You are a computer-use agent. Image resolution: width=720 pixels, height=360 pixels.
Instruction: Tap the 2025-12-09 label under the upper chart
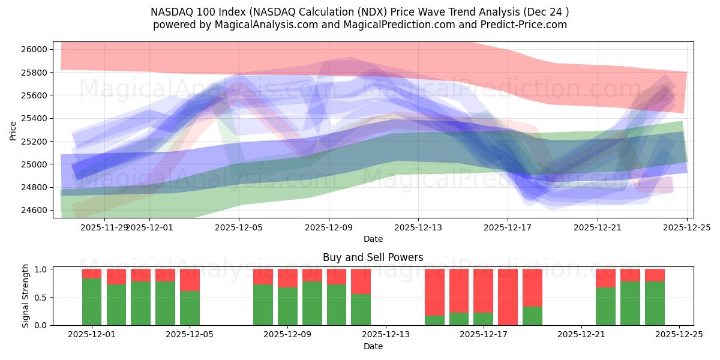[x=329, y=227]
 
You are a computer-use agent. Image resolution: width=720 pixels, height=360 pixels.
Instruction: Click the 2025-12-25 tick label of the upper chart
[x=686, y=227]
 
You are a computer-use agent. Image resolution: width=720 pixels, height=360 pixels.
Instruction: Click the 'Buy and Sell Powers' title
[x=373, y=257]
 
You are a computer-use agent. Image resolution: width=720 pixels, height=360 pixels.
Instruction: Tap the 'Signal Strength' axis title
[x=26, y=296]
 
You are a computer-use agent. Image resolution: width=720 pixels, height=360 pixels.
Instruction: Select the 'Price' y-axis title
[x=13, y=130]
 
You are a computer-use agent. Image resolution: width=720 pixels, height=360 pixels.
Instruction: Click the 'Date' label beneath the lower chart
[x=373, y=346]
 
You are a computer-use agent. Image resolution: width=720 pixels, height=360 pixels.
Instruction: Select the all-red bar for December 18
[x=508, y=297]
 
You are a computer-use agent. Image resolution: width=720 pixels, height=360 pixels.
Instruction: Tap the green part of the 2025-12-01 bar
[x=92, y=302]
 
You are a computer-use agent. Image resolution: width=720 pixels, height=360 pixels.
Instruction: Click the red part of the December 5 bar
[x=190, y=280]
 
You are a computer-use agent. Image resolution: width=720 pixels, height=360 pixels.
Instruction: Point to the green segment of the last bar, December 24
[x=655, y=303]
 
